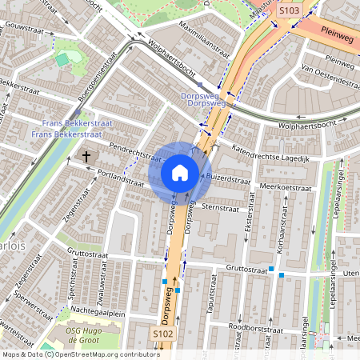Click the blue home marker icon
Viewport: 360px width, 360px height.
(x=180, y=172)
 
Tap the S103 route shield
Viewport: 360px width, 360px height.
(x=288, y=10)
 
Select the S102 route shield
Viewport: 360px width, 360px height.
(x=163, y=334)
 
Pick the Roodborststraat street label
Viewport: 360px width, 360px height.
(x=255, y=328)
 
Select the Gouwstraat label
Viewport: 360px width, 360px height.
(x=22, y=26)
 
